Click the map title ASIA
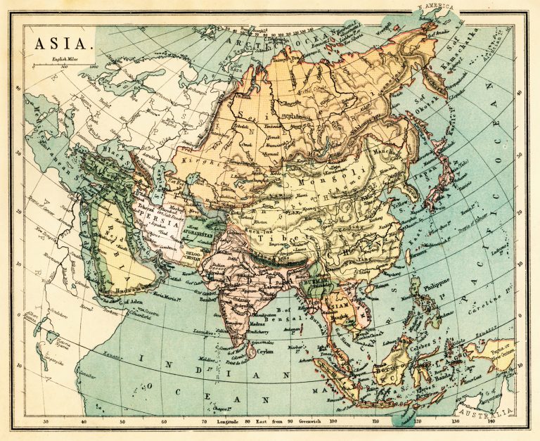(63, 44)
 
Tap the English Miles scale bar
(67, 68)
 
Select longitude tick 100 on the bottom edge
(333, 422)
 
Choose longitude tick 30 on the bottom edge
(46, 422)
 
